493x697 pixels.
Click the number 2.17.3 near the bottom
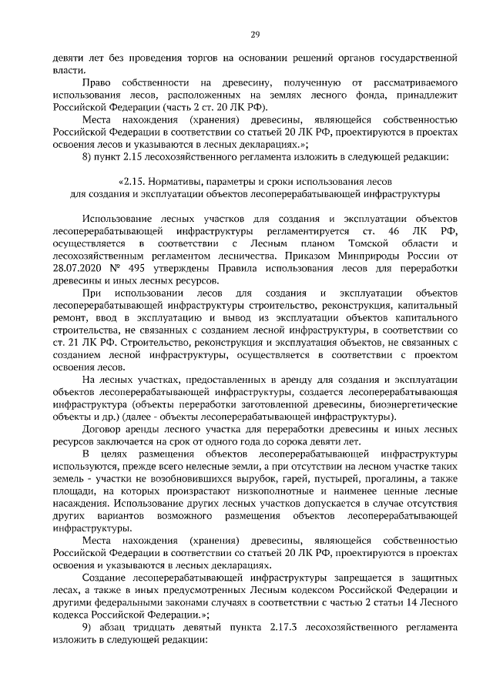[x=286, y=628]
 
